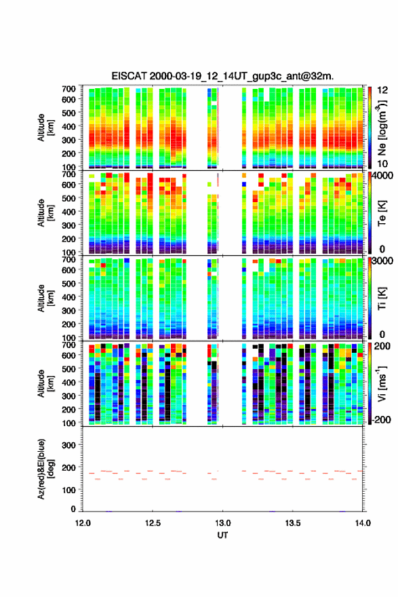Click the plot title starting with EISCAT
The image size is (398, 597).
click(x=222, y=76)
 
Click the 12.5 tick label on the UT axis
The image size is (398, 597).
click(x=153, y=523)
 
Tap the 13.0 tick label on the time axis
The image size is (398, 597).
click(x=222, y=523)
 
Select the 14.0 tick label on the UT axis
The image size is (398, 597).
click(x=363, y=523)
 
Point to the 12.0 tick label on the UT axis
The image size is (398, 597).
click(x=83, y=523)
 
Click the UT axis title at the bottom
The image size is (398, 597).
click(x=222, y=535)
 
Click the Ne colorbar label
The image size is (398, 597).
click(x=382, y=128)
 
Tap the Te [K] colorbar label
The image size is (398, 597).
click(x=382, y=213)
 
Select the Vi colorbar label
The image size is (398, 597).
click(x=382, y=383)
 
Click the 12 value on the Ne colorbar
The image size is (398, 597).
click(x=383, y=90)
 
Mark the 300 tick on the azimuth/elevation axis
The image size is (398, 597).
click(x=68, y=445)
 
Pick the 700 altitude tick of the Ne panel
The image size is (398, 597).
click(x=68, y=89)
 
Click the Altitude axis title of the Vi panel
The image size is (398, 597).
click(x=45, y=383)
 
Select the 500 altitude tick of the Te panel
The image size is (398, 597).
click(x=68, y=198)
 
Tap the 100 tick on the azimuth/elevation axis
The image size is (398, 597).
click(x=68, y=490)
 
